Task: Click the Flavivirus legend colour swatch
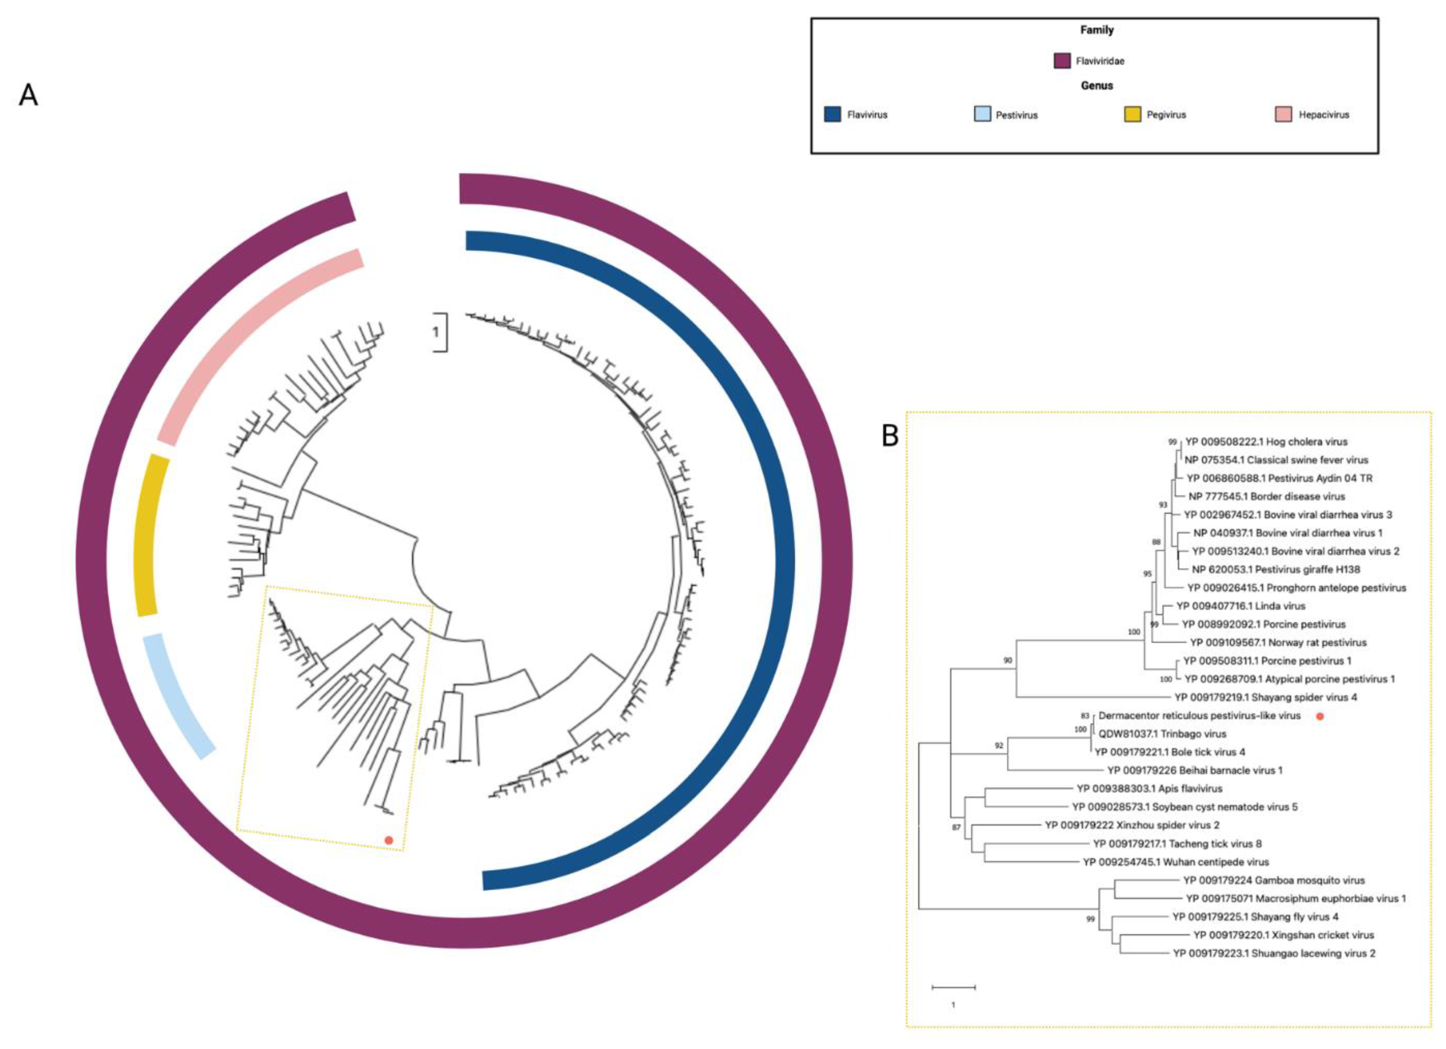pyautogui.click(x=832, y=115)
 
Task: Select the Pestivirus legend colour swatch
pyautogui.click(x=982, y=115)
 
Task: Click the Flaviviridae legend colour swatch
pyautogui.click(x=1062, y=61)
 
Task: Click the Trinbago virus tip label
pyautogui.click(x=1162, y=734)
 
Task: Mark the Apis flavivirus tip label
pyautogui.click(x=1150, y=789)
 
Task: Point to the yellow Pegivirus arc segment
pyautogui.click(x=152, y=536)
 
